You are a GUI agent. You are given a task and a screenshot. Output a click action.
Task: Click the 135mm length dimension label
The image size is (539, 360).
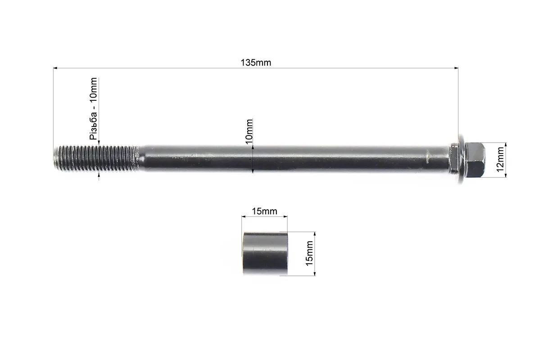(256, 63)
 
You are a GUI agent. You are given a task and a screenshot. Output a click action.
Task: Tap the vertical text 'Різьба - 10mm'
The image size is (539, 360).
(94, 108)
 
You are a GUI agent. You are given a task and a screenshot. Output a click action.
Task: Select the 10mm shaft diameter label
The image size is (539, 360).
(249, 131)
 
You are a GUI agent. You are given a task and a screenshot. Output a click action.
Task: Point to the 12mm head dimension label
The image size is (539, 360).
(500, 159)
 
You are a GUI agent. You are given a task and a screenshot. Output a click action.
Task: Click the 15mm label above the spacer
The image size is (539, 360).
(264, 211)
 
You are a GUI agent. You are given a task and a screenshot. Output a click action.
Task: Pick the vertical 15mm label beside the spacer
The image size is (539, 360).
(309, 253)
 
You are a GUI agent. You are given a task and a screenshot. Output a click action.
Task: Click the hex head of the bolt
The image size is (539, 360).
(475, 160)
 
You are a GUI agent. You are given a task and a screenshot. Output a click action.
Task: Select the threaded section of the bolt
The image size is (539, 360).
(96, 158)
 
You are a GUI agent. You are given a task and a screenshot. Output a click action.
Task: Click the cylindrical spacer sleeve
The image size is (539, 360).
(265, 253)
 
